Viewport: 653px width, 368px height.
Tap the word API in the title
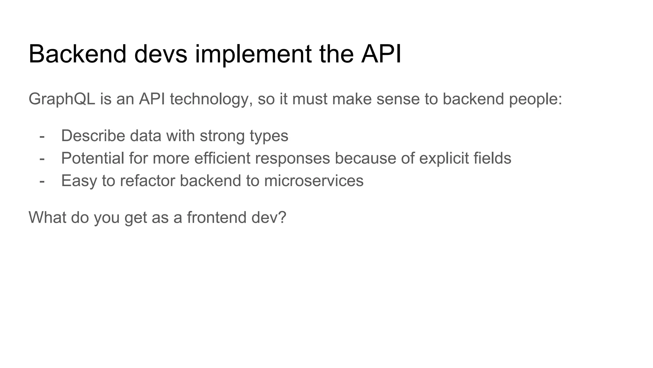381,54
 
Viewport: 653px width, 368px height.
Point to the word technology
209,99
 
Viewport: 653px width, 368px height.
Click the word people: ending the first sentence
536,99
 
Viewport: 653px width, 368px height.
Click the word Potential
92,158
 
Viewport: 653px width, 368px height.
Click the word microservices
314,181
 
